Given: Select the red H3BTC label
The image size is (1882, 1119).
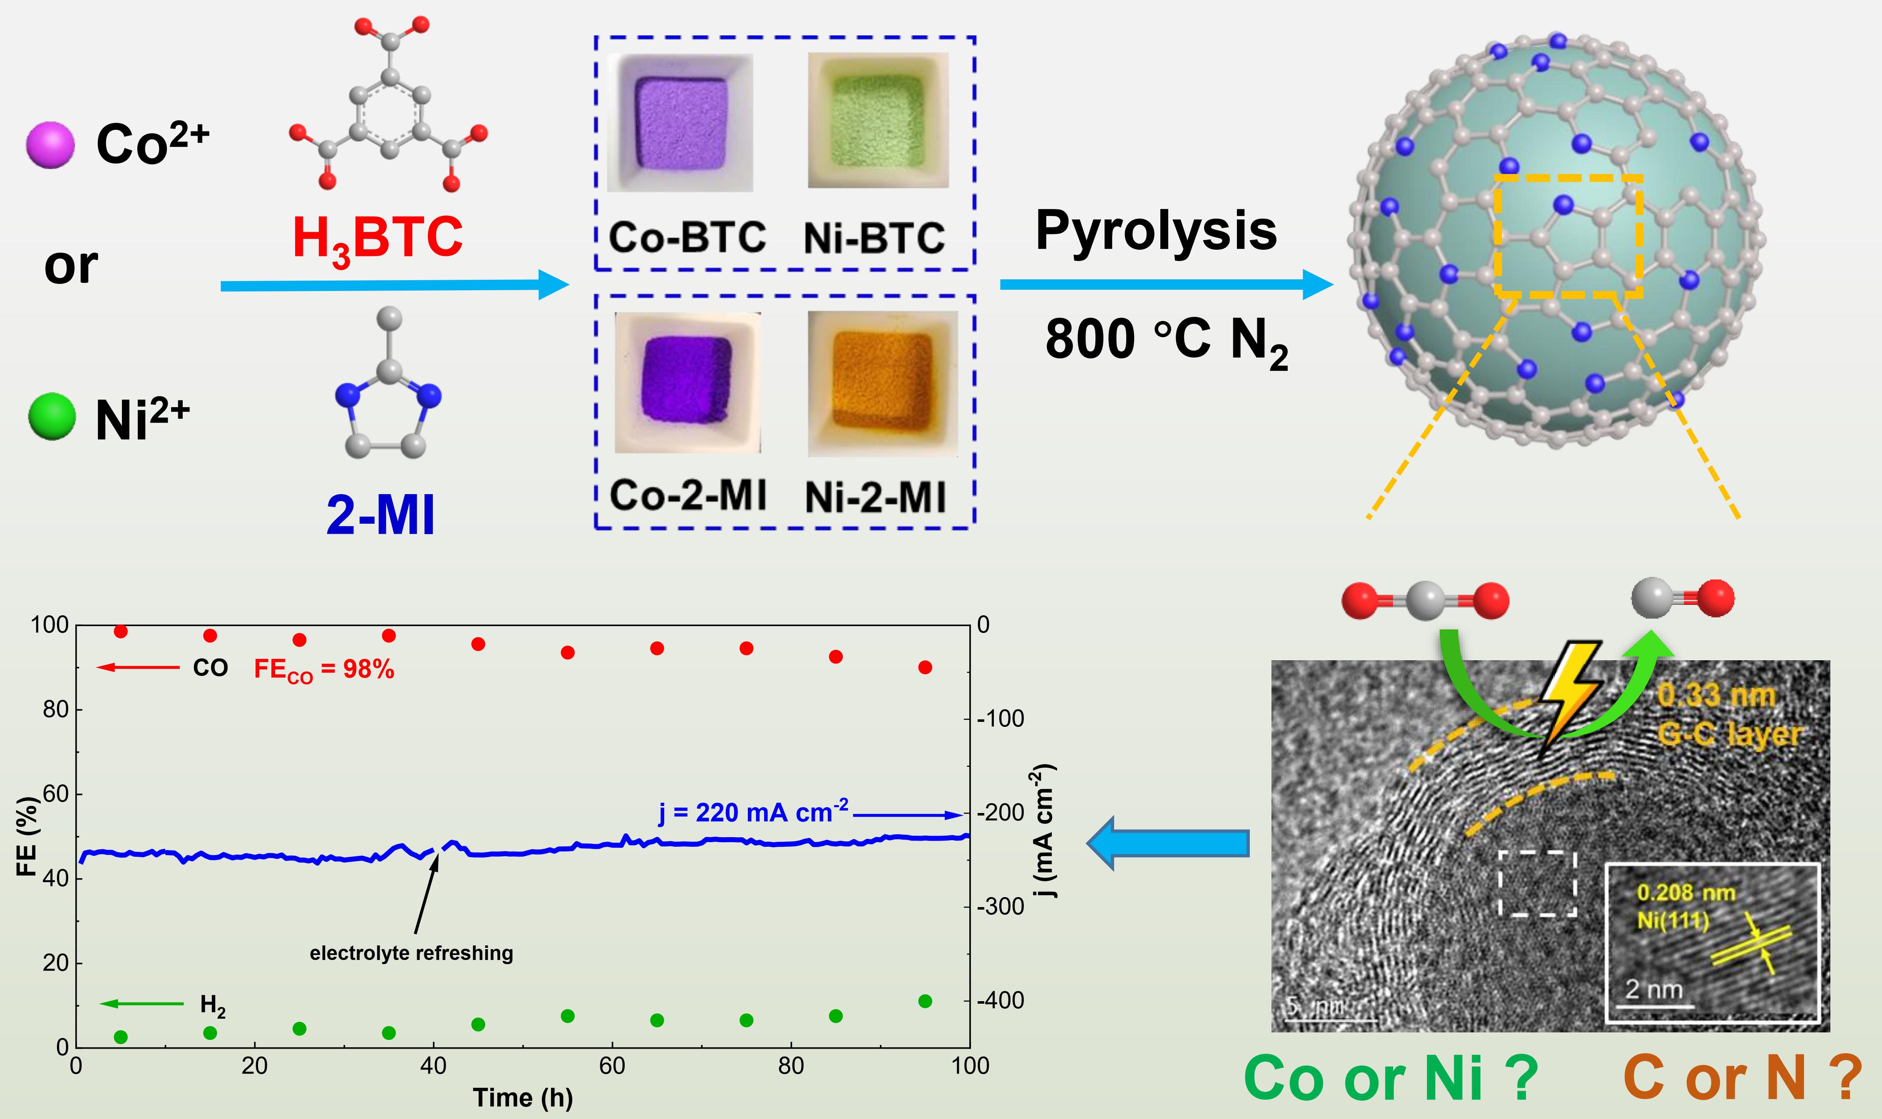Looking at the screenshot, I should (x=377, y=238).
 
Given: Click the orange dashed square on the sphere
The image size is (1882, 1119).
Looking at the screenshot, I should (x=1568, y=236).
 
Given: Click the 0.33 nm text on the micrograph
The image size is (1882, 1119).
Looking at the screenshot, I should (x=1716, y=695).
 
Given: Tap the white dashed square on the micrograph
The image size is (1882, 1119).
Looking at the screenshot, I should (x=1537, y=883).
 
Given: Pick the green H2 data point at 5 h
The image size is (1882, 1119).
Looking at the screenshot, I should (x=121, y=1037).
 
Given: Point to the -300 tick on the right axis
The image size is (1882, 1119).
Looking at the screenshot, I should (x=1000, y=906).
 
